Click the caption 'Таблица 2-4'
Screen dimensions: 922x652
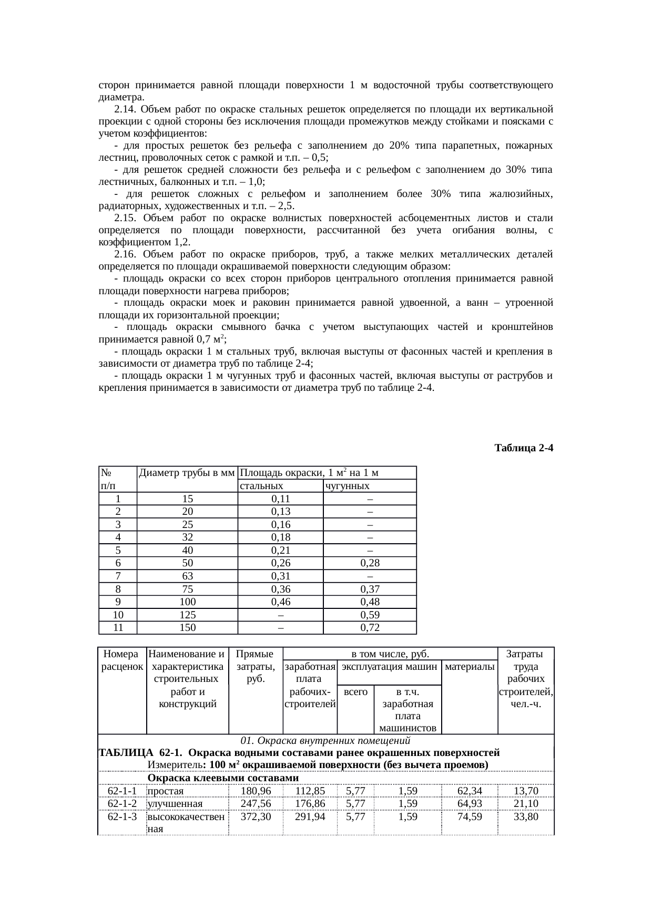pyautogui.click(x=524, y=448)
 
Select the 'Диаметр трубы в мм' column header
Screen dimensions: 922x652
pyautogui.click(x=187, y=473)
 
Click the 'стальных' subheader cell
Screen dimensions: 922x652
pyautogui.click(x=261, y=486)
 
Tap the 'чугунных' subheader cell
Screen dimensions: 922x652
pyautogui.click(x=347, y=486)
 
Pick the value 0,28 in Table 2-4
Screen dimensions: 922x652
pyautogui.click(x=370, y=563)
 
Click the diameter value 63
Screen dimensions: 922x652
pyautogui.click(x=187, y=576)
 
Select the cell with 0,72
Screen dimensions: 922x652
pyautogui.click(x=370, y=627)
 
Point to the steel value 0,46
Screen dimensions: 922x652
pyautogui.click(x=281, y=602)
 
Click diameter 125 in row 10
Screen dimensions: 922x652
pyautogui.click(x=187, y=615)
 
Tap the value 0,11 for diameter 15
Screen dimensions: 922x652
pyautogui.click(x=281, y=499)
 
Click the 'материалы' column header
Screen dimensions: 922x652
pyautogui.click(x=470, y=667)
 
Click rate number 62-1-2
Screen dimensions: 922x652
pyautogui.click(x=122, y=804)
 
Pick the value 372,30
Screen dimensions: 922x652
pyautogui.click(x=256, y=817)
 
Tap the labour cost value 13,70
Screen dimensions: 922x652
pyautogui.click(x=526, y=791)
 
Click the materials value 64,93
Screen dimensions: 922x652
pyautogui.click(x=470, y=804)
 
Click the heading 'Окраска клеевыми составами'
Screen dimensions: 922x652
pyautogui.click(x=223, y=778)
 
